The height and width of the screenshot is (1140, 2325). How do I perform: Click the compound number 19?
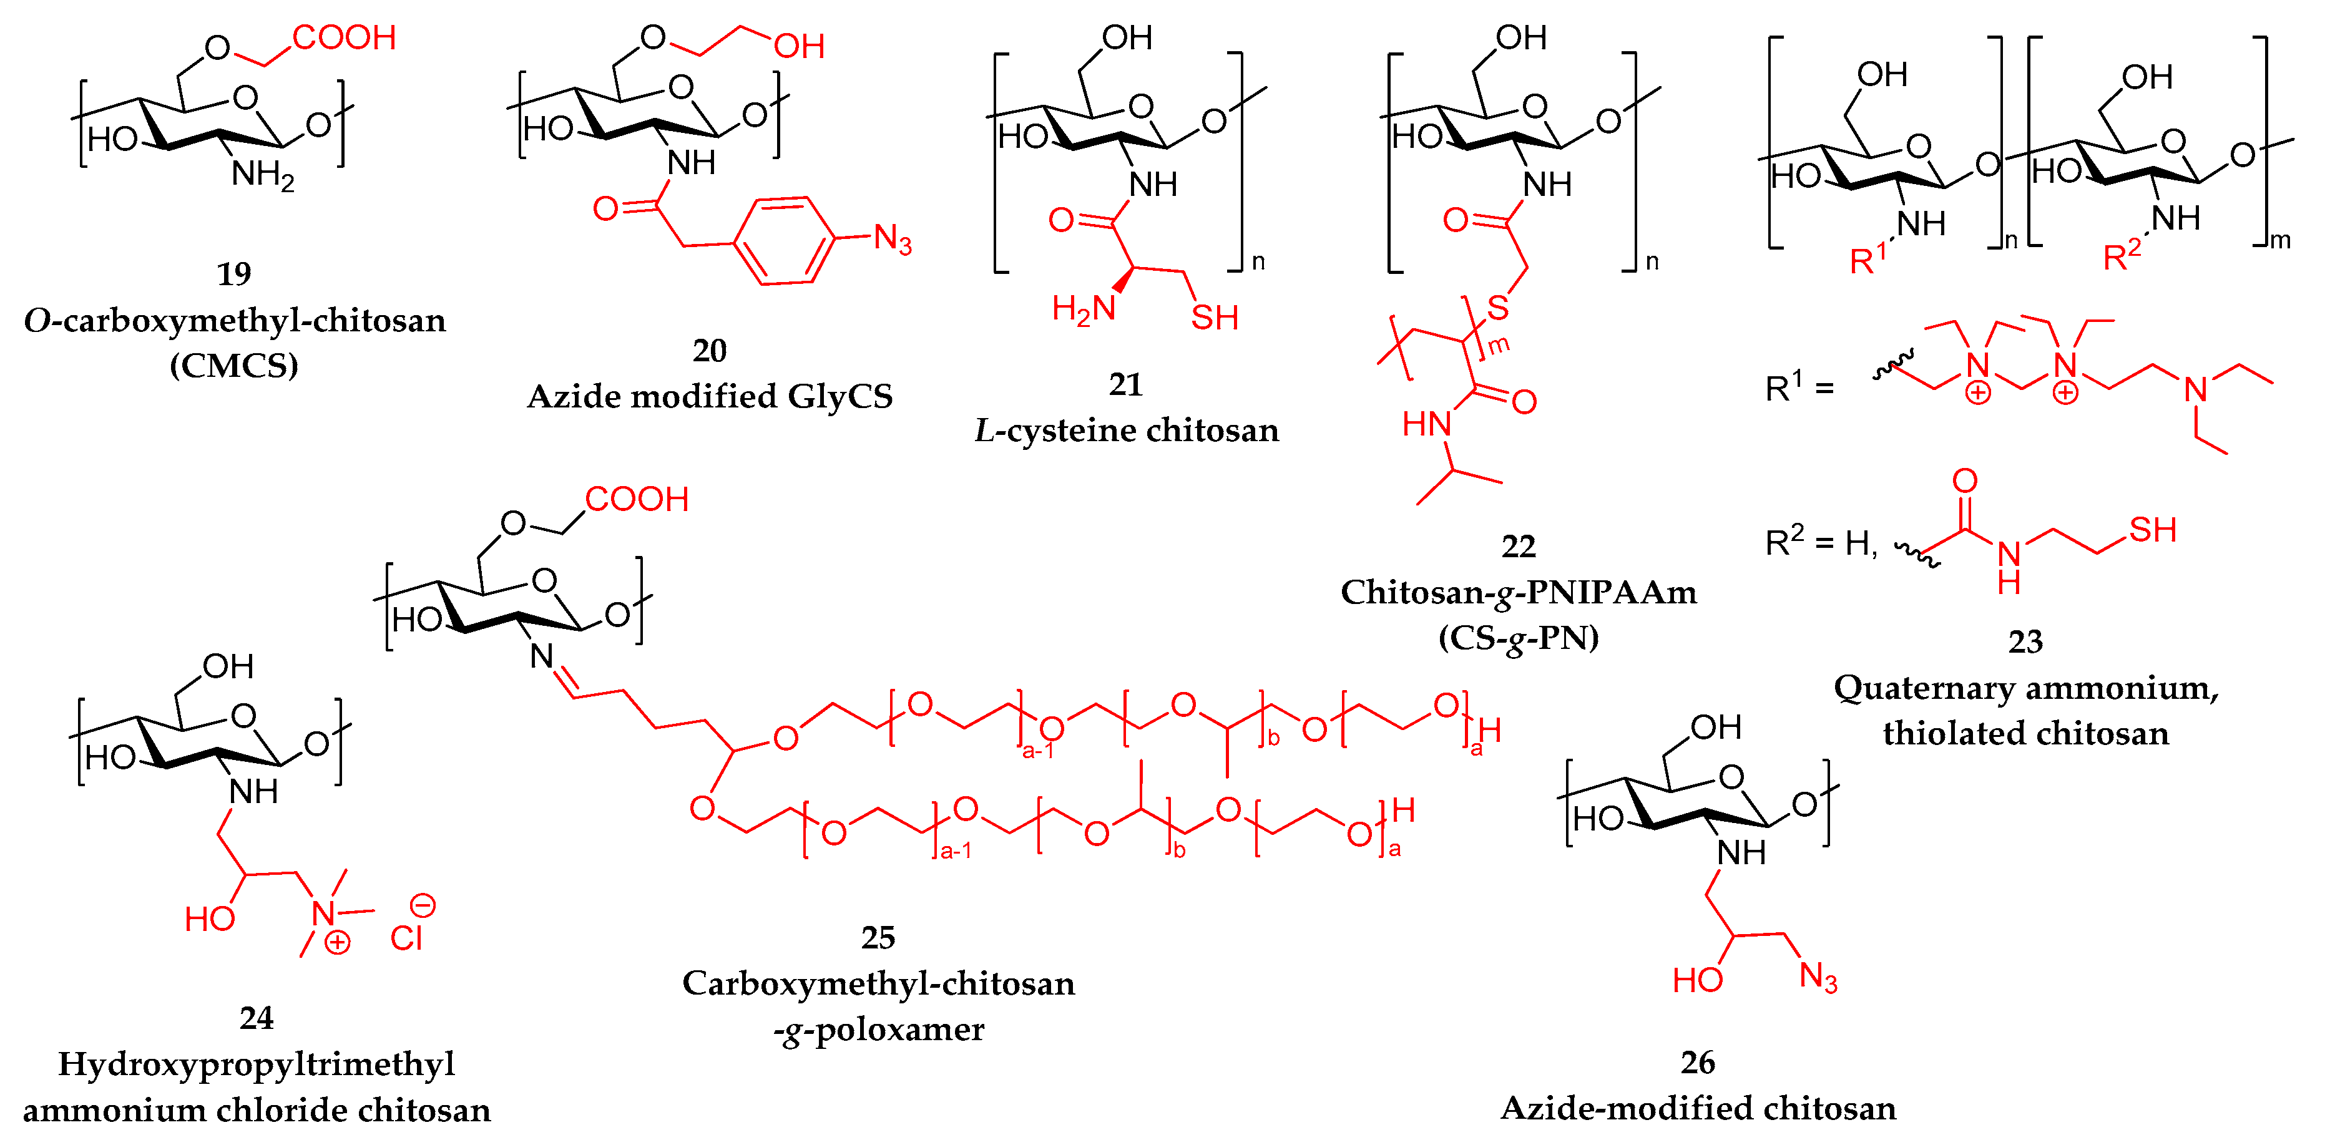(234, 273)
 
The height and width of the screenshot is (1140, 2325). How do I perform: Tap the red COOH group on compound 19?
(344, 38)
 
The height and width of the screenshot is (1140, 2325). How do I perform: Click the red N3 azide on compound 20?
(892, 240)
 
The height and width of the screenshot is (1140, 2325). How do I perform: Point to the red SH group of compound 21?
(1214, 318)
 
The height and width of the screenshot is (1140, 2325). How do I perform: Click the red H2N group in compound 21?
(1083, 309)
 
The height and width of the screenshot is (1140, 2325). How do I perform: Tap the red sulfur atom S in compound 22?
(1498, 308)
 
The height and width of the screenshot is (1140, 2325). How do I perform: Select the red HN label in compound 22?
(1426, 423)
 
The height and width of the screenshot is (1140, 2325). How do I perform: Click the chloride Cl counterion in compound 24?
(406, 938)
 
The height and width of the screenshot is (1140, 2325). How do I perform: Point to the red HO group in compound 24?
(209, 920)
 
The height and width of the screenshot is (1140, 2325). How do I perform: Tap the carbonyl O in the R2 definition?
(1965, 481)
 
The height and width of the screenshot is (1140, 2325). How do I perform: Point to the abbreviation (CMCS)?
(234, 366)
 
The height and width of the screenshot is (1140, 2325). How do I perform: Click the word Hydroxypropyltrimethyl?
(257, 1064)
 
